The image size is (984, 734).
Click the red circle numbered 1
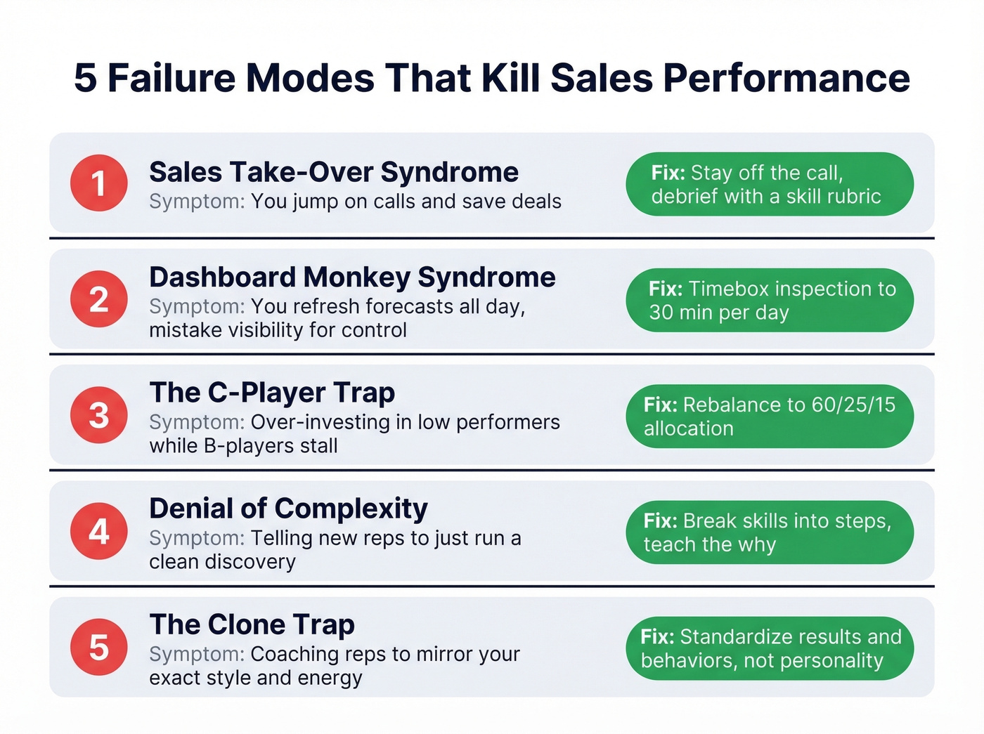98,183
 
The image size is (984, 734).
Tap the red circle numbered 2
98,299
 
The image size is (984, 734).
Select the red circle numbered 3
98,415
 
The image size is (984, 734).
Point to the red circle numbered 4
98,531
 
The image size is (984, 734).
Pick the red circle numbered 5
98,647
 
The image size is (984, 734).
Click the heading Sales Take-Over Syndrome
334,172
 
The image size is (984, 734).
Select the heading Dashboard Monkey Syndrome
352,277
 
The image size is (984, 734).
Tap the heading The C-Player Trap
272,393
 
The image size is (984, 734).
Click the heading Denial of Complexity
288,509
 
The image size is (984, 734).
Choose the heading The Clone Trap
252,624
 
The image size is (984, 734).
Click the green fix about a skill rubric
770,184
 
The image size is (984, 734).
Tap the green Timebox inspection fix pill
770,300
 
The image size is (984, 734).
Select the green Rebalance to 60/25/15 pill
770,416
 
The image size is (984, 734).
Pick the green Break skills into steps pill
770,532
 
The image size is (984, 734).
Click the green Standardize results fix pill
770,648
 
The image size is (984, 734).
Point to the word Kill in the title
511,77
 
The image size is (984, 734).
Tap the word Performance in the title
786,77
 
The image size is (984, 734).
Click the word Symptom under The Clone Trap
197,654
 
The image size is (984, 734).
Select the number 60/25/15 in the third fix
853,405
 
